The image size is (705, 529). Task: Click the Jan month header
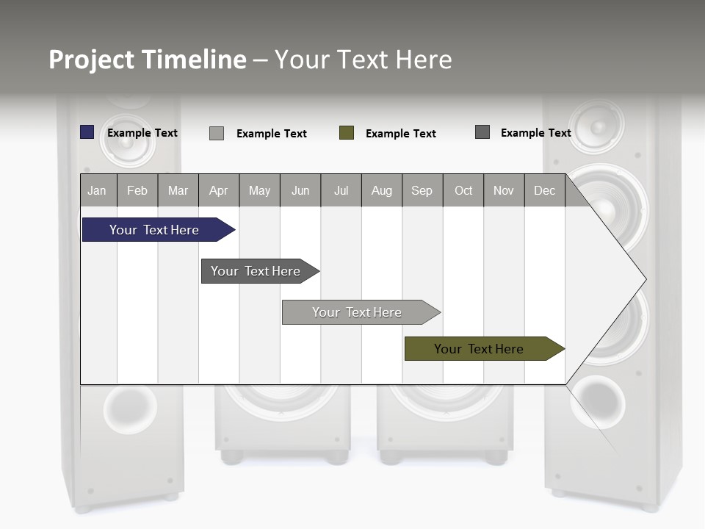(97, 190)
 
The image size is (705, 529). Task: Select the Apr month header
(218, 190)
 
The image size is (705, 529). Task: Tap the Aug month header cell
(381, 190)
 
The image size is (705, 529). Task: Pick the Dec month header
(544, 190)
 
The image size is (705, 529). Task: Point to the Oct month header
(463, 190)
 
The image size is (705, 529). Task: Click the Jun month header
(300, 190)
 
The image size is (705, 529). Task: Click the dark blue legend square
(87, 132)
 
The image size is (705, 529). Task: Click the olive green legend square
(347, 133)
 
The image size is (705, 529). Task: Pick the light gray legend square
(217, 133)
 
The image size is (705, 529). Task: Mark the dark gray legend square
(482, 132)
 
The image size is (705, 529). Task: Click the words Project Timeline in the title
(147, 60)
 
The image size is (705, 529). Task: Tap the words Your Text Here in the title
(363, 60)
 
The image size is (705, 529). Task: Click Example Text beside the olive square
(401, 134)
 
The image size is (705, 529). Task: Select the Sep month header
(422, 190)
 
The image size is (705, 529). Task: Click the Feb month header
(137, 190)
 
